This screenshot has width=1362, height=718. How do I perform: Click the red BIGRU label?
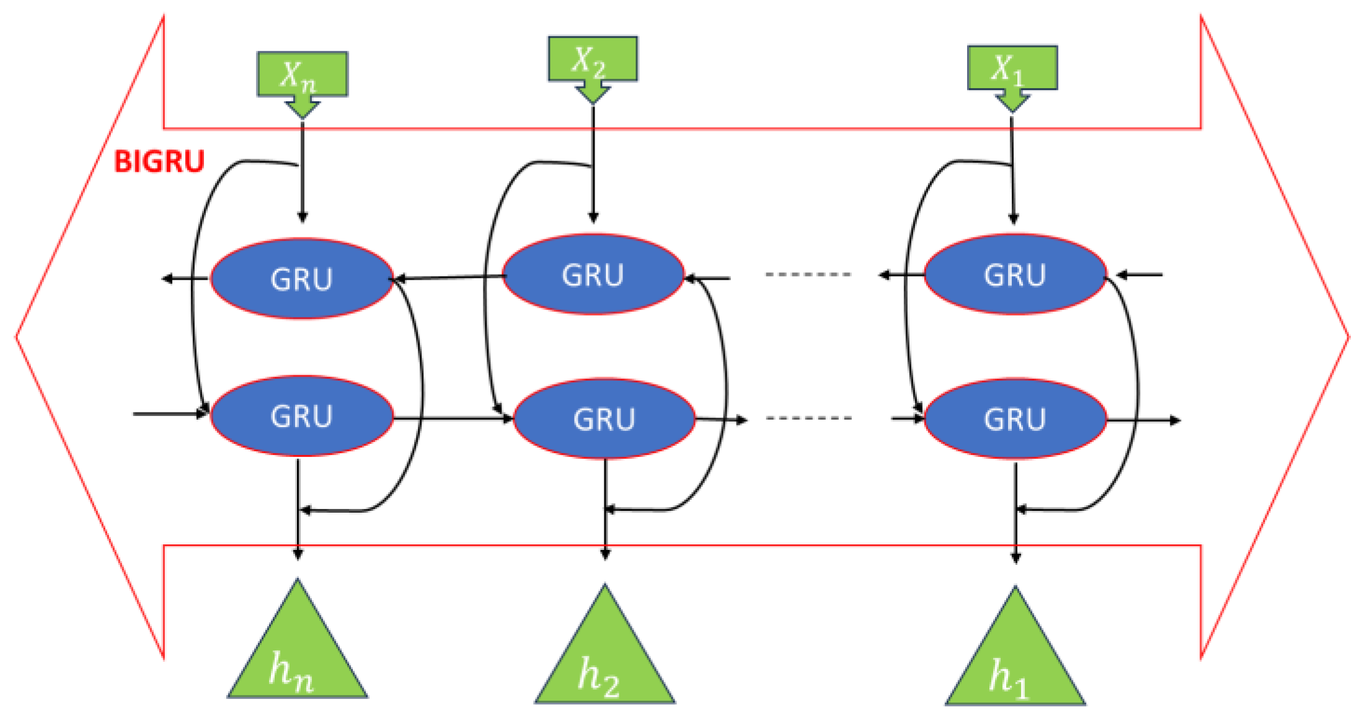[x=159, y=162]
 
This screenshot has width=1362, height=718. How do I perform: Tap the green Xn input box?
[x=303, y=73]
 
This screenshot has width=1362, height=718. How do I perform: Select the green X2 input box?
[x=593, y=59]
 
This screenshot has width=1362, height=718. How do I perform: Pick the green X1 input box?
[x=1012, y=67]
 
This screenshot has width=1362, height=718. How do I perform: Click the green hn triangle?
[x=297, y=657]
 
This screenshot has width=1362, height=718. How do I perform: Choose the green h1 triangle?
[x=1015, y=663]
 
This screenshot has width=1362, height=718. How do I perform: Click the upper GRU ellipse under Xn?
[x=302, y=278]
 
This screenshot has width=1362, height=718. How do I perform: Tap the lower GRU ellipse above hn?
[x=302, y=416]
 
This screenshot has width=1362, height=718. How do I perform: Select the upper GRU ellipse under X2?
[x=593, y=275]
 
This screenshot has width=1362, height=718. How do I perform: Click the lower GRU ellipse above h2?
[x=604, y=419]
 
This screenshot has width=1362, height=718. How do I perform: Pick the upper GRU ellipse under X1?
[x=1015, y=275]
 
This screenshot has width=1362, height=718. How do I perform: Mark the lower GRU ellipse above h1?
[x=1015, y=419]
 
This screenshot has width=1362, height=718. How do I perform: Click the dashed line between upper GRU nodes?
[x=808, y=274]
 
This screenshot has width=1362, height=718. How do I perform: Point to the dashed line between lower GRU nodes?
[x=808, y=418]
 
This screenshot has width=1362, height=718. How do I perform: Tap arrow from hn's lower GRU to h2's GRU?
[x=453, y=419]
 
